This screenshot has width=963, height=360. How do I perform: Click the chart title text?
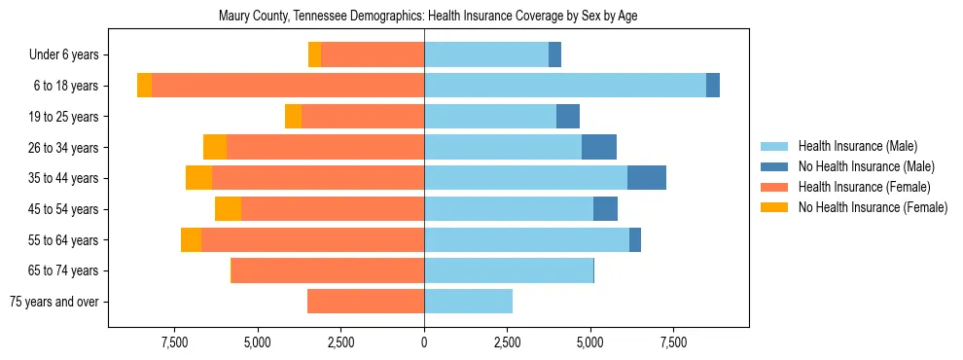click(428, 16)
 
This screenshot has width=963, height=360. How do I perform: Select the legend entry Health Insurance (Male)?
click(857, 147)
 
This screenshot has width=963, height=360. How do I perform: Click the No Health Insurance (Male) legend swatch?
click(775, 166)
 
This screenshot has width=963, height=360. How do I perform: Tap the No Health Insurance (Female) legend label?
click(873, 207)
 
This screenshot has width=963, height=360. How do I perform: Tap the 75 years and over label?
click(54, 302)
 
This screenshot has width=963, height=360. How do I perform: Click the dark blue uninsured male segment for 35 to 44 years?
click(647, 178)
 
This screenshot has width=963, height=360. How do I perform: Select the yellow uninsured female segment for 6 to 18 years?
click(144, 86)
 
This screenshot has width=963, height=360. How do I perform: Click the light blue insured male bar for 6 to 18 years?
click(564, 86)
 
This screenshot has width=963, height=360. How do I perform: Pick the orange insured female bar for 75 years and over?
click(366, 302)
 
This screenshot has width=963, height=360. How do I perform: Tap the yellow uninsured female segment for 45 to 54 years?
click(228, 209)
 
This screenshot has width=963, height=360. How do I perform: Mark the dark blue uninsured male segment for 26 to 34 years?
click(599, 147)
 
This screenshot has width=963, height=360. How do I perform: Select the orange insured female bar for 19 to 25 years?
click(363, 117)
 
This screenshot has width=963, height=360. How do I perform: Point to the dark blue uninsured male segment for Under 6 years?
click(554, 55)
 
